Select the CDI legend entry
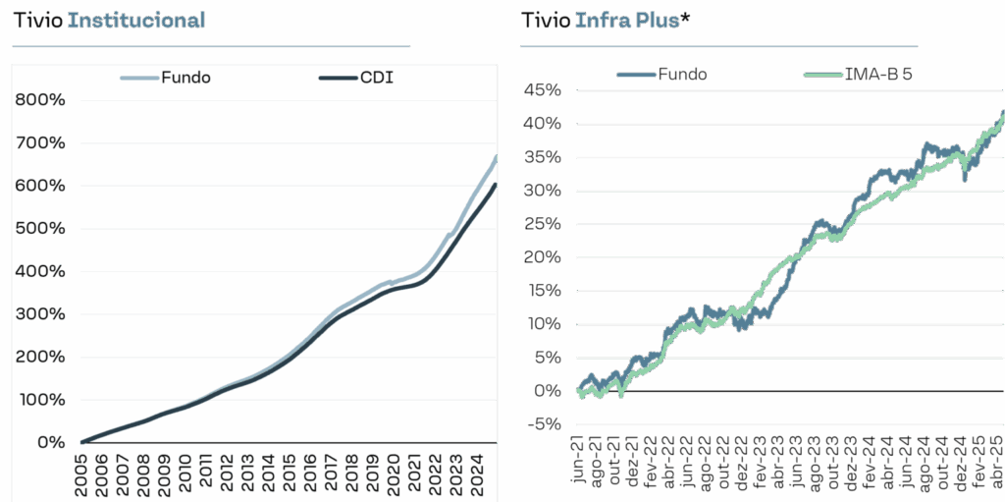tap(376, 78)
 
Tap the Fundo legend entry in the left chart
tap(185, 78)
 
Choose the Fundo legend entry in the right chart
tap(683, 74)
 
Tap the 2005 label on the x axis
tap(83, 471)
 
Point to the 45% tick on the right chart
tap(542, 90)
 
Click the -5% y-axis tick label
tap(542, 423)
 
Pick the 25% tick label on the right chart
tap(542, 224)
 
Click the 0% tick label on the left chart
tap(50, 442)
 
